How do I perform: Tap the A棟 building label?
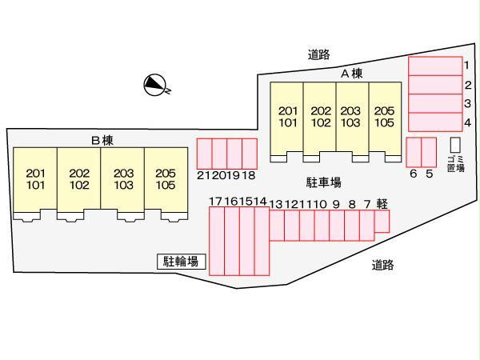pos(352,74)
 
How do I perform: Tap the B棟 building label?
pos(102,140)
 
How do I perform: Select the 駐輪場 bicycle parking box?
pos(182,261)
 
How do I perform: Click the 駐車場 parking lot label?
pos(323,182)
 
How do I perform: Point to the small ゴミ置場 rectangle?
pos(455,145)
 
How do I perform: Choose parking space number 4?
pos(435,122)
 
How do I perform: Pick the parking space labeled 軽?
pos(382,222)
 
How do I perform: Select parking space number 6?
pos(414,152)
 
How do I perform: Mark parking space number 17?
pos(216,241)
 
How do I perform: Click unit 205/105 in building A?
pos(384,118)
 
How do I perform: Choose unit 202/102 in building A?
pos(320,118)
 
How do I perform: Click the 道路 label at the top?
pos(318,54)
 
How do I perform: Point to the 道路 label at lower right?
pos(382,264)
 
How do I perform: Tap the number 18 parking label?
pos(249,174)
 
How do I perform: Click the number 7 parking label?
pos(366,204)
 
